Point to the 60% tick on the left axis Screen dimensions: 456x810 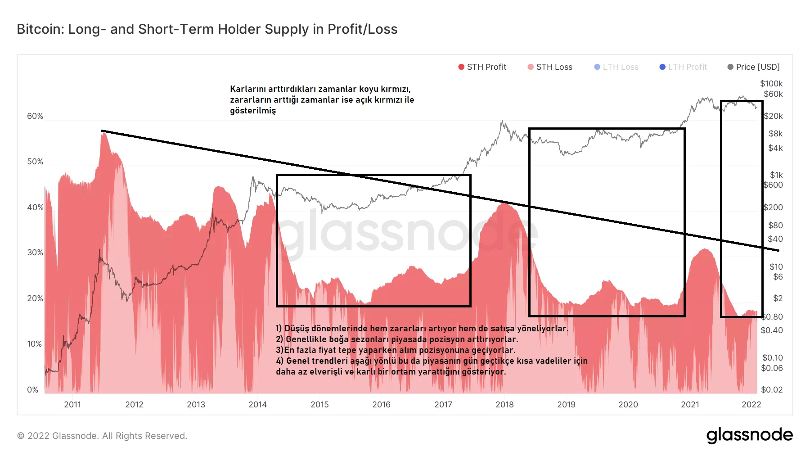point(35,116)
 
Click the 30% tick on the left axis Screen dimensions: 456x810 point(35,253)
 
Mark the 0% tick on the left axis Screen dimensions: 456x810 point(33,390)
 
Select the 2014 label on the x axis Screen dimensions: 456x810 point(257,405)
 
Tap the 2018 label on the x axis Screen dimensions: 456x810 point(504,405)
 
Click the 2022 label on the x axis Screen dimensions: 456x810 point(751,405)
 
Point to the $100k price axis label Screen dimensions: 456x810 point(771,84)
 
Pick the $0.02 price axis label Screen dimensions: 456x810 point(771,390)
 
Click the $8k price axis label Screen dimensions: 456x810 point(775,134)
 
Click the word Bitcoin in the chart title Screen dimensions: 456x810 point(40,29)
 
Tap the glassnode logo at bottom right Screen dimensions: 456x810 point(749,435)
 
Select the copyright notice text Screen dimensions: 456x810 point(102,436)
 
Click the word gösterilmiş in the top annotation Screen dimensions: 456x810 point(253,111)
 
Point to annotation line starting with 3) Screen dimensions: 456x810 point(396,350)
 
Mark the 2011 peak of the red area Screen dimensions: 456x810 point(103,133)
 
